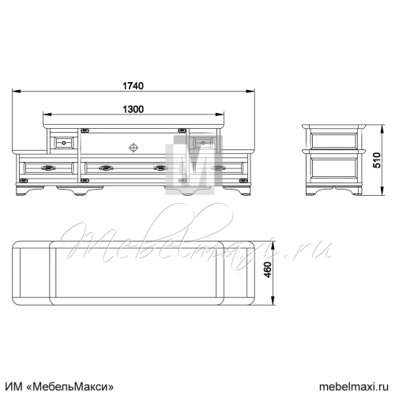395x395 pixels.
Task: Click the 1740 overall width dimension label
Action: click(134, 86)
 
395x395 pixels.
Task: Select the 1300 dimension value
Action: click(134, 109)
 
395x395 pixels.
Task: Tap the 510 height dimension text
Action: click(377, 160)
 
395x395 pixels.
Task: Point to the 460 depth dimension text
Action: click(268, 269)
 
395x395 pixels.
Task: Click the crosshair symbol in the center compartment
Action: click(134, 148)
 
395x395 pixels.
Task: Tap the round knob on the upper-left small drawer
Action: click(64, 143)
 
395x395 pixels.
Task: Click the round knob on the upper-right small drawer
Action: click(203, 143)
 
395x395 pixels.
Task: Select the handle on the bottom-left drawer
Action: click(49, 167)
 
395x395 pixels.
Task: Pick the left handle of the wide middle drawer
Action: click(107, 167)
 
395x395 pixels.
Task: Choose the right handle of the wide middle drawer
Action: click(161, 167)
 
